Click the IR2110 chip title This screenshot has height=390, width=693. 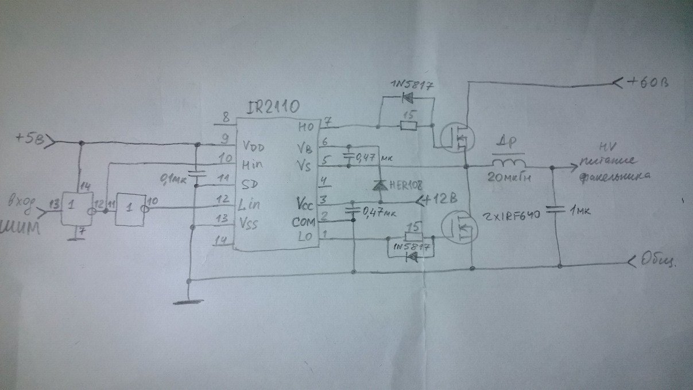click(273, 107)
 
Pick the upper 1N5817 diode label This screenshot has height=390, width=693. click(411, 86)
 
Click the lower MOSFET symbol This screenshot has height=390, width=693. click(458, 227)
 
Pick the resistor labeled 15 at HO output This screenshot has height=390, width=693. click(408, 125)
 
